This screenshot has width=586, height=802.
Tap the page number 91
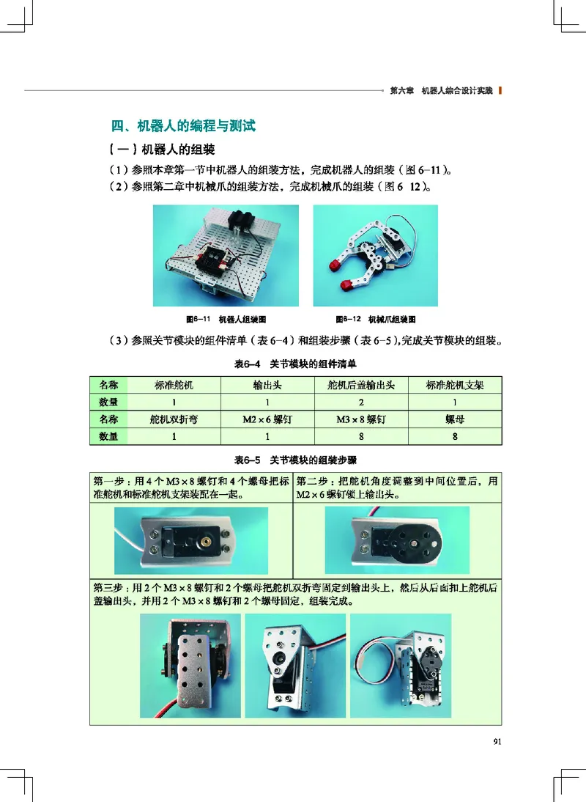[x=497, y=741]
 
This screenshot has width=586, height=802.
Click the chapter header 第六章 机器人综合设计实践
[x=441, y=91]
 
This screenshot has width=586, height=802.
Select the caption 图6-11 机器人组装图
[x=225, y=319]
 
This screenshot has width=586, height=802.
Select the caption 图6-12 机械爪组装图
[x=375, y=319]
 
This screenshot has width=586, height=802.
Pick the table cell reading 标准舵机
[x=174, y=384]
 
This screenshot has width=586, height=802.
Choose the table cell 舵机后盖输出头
[x=360, y=384]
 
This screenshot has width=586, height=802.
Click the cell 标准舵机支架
[x=455, y=384]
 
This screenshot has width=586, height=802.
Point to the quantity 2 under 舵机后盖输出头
[x=360, y=402]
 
